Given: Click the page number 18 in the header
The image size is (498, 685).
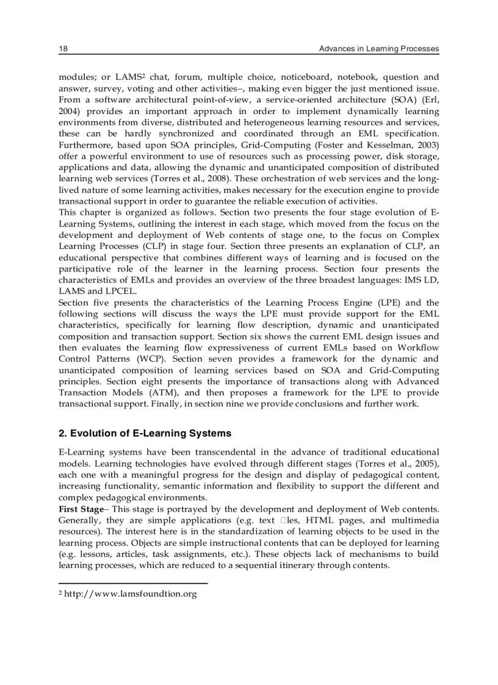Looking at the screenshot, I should coord(62,49).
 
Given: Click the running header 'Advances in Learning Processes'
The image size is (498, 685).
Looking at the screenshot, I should coord(379,49).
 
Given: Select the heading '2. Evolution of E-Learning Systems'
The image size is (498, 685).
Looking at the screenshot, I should coord(145,434).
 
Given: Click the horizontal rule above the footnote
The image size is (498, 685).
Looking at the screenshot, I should coord(133,584).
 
